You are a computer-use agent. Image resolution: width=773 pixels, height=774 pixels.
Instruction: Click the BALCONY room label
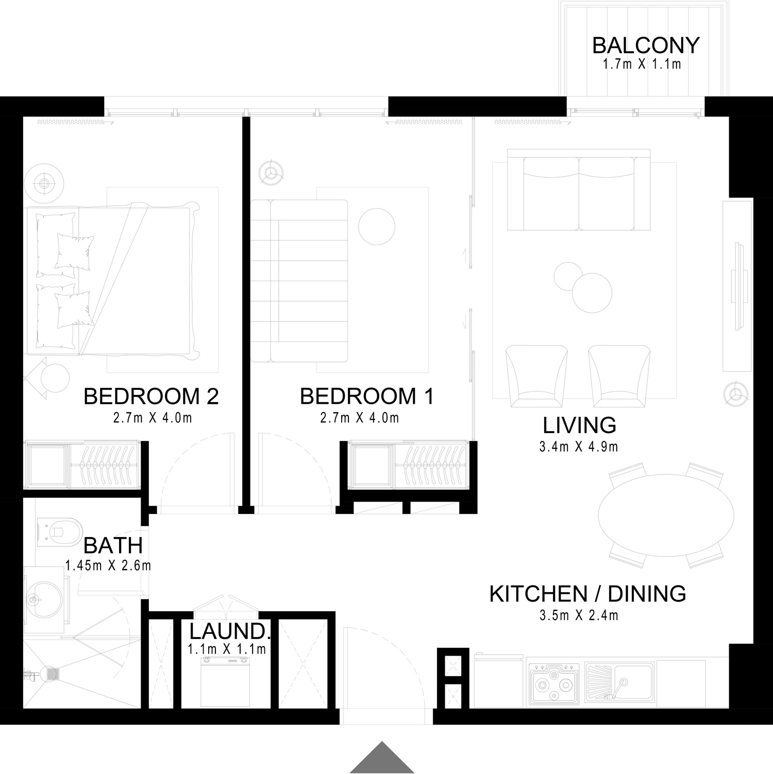tap(646, 45)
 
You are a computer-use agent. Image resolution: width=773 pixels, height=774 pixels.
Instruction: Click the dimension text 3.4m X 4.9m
tap(579, 446)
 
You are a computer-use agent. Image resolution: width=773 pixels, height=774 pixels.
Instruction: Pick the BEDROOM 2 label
tap(151, 397)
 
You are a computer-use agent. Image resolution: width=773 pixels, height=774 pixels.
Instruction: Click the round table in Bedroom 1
tap(377, 227)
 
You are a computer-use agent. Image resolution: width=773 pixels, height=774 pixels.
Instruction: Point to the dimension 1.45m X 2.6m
tap(108, 565)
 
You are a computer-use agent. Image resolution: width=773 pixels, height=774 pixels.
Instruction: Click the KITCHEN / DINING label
tap(587, 594)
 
